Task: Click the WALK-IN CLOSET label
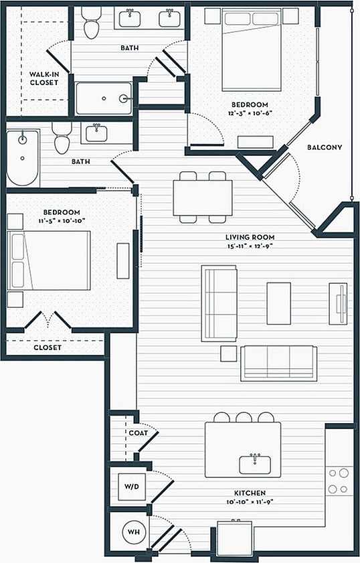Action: tap(43, 78)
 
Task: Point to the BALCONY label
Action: tap(325, 147)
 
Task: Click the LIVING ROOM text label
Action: tap(250, 237)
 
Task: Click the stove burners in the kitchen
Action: tap(339, 480)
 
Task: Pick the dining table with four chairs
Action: tap(203, 197)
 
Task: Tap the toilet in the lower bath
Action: tap(62, 140)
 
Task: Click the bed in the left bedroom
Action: tap(49, 260)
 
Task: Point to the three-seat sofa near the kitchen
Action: tap(278, 363)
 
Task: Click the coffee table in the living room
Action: tap(279, 303)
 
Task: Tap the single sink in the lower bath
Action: tap(98, 132)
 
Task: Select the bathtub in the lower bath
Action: tap(23, 158)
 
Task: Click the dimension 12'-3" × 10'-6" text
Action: tap(250, 113)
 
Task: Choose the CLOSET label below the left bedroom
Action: tap(48, 347)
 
